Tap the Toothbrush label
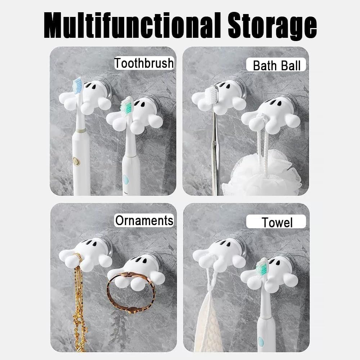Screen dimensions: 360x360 [144, 63]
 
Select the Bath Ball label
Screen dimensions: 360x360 [276, 65]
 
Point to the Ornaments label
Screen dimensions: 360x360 [144, 220]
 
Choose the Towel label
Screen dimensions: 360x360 [276, 222]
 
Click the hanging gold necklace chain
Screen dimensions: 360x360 [79, 303]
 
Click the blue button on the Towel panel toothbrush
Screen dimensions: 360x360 [261, 341]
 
